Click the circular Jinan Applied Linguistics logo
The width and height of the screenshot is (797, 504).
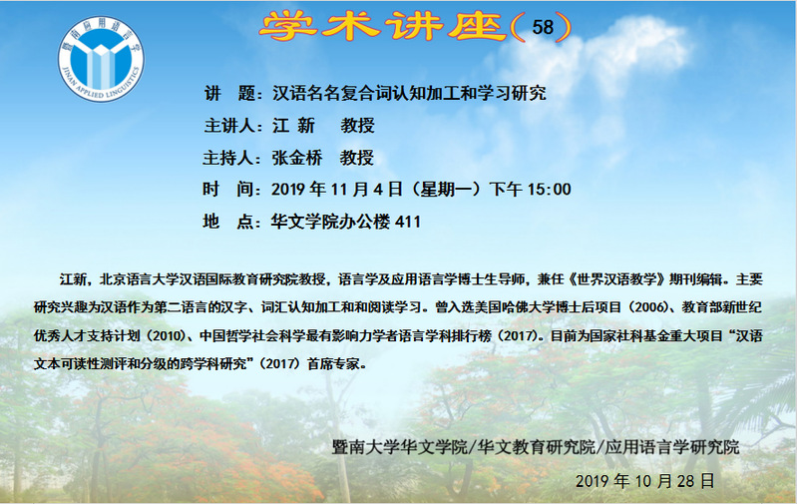pos(101,59)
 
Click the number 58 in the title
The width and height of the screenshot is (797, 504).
pos(543,27)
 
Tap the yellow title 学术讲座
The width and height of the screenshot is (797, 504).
pos(383,26)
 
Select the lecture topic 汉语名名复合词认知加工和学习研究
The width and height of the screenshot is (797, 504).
pos(409,93)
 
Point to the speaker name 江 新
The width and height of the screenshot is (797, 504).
pos(294,125)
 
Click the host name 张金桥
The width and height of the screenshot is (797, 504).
pos(297,158)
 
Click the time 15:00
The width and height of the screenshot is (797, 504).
pos(549,190)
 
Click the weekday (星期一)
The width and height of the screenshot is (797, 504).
pos(446,190)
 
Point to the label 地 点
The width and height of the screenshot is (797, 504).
pos(228,222)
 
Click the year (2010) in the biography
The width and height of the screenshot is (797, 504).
pos(164,336)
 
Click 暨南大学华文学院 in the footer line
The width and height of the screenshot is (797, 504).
pos(400,447)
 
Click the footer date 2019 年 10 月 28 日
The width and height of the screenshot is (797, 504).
pos(645,481)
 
